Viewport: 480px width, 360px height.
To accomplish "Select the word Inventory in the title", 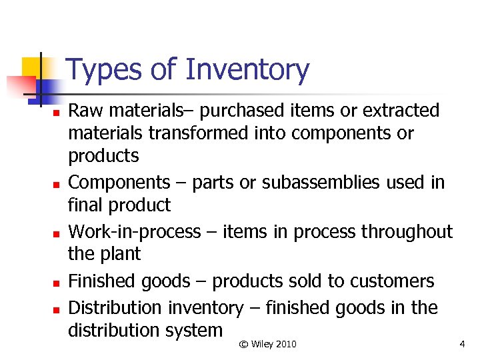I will coord(247,70).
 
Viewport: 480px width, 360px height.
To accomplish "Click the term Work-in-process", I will coord(134,232).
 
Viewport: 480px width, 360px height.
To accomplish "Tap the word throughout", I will coord(407,232).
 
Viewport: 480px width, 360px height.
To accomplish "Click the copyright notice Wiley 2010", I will coord(267,344).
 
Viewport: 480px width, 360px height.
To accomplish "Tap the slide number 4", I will coord(462,344).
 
